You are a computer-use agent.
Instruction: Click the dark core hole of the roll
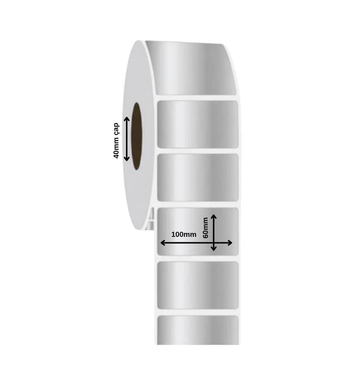tap(136, 136)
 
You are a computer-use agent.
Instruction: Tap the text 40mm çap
tap(116, 141)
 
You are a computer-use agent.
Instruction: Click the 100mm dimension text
tap(184, 235)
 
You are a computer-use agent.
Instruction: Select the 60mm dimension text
tap(205, 228)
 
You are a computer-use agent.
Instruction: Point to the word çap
tap(116, 129)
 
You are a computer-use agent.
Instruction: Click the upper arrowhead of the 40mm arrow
tap(127, 119)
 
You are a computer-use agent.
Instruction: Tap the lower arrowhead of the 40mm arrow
tap(127, 159)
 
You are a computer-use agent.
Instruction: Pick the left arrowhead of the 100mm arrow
tap(163, 243)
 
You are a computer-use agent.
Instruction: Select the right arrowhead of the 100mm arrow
tap(229, 243)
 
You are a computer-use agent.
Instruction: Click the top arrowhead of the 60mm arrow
tap(214, 217)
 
